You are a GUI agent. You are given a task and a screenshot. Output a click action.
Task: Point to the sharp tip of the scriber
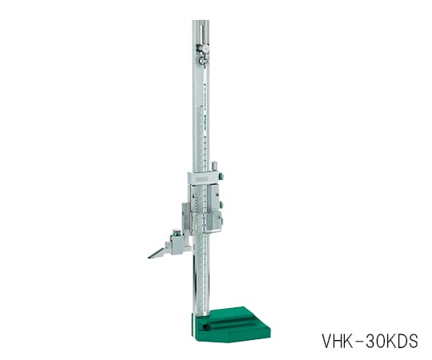coord(150,257)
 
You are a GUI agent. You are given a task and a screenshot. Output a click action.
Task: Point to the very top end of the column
coord(200,22)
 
